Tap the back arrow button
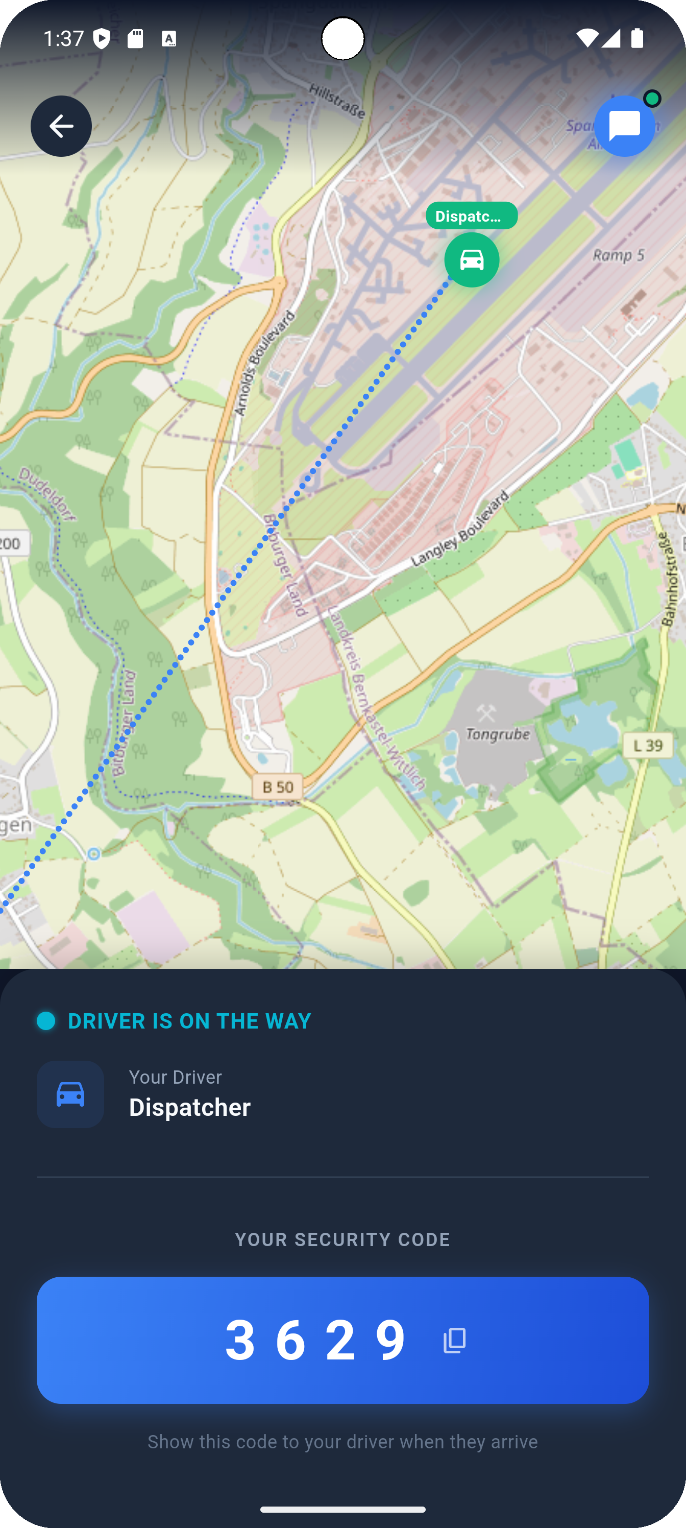click(x=61, y=126)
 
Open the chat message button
click(x=624, y=126)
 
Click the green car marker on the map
click(x=471, y=260)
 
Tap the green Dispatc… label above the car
click(x=471, y=216)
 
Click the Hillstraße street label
click(x=336, y=100)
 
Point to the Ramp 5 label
click(x=619, y=255)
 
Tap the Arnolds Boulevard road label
click(x=264, y=363)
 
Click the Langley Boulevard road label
click(x=460, y=528)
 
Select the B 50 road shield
click(x=278, y=787)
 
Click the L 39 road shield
click(x=647, y=745)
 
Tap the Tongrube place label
click(x=498, y=734)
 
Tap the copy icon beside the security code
click(x=455, y=1341)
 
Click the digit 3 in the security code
click(x=240, y=1340)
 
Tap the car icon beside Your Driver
click(x=70, y=1094)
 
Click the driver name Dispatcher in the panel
click(x=190, y=1108)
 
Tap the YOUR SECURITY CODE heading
click(x=342, y=1239)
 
